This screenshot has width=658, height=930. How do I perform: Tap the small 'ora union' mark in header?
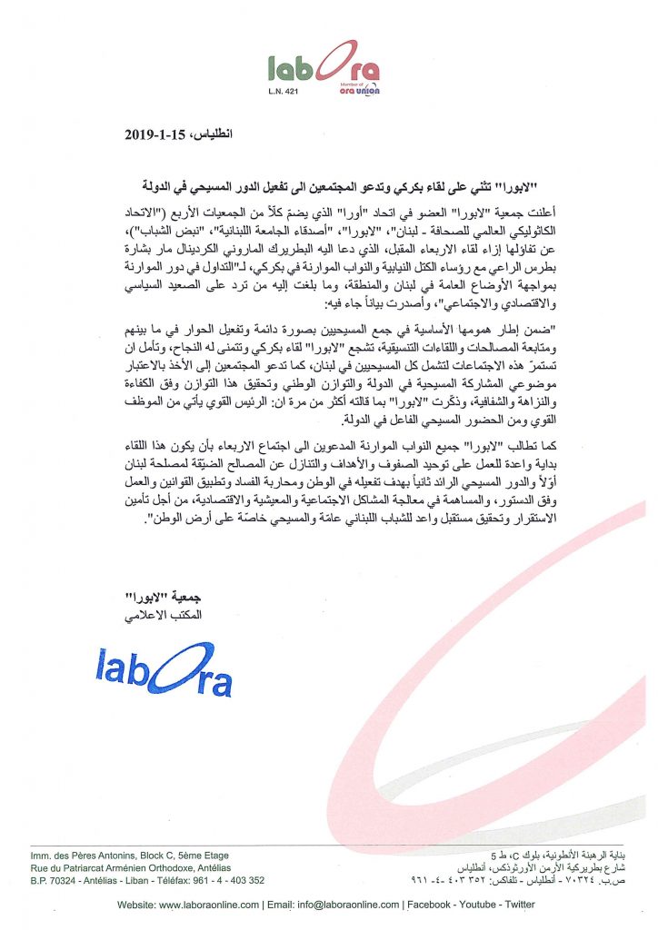coord(360,89)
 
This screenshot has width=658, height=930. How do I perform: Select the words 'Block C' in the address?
coord(159,856)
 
